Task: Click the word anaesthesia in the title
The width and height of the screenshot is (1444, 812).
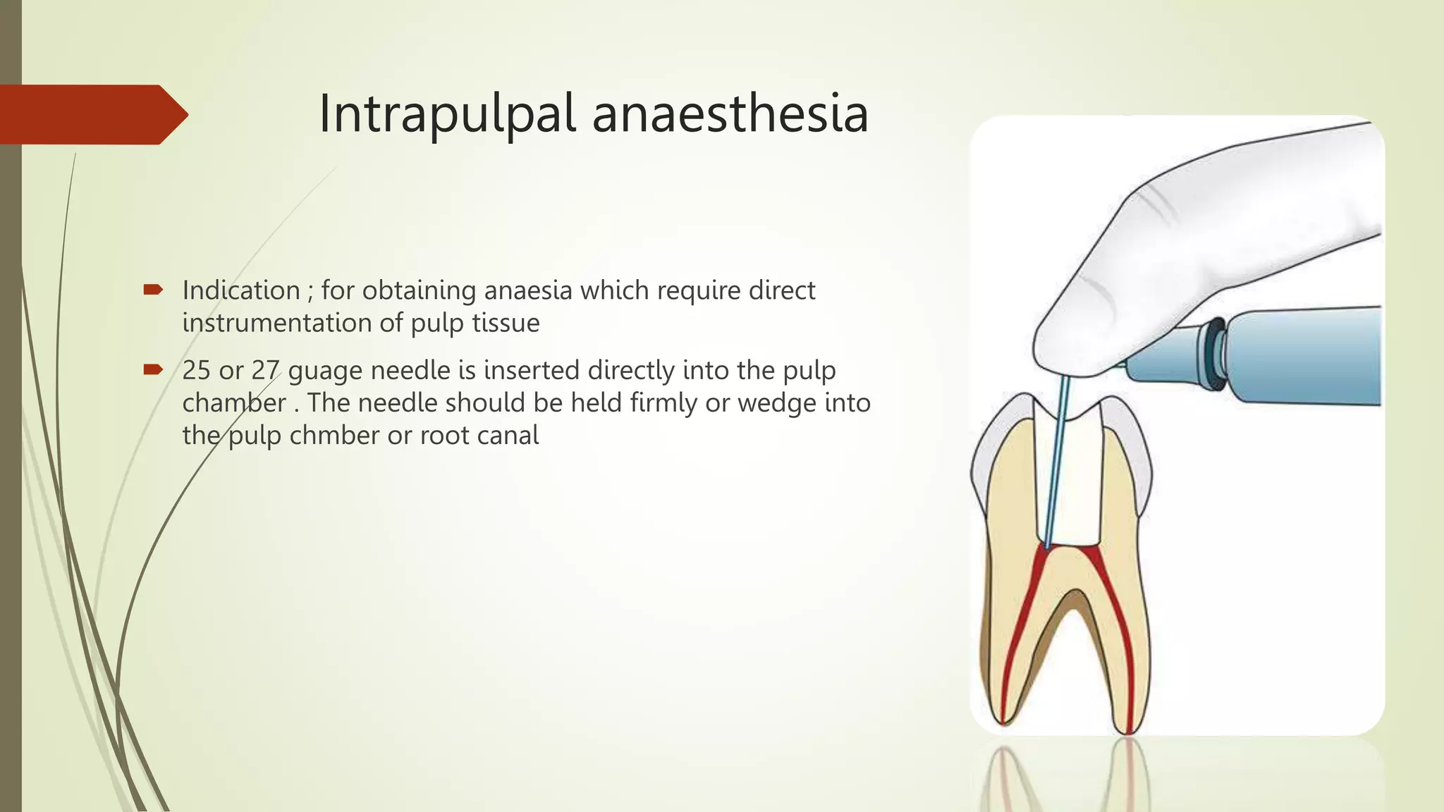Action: point(730,114)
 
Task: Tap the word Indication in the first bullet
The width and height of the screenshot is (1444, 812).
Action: point(241,290)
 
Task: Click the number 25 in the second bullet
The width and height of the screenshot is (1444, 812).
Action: point(197,370)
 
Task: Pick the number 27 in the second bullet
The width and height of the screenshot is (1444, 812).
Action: point(266,370)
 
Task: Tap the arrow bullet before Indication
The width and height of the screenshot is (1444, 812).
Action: point(153,289)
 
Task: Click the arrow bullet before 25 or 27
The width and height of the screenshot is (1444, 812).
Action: point(153,369)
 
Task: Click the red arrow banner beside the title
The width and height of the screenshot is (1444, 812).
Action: point(92,114)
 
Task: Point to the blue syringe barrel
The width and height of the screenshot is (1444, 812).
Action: point(1304,356)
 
